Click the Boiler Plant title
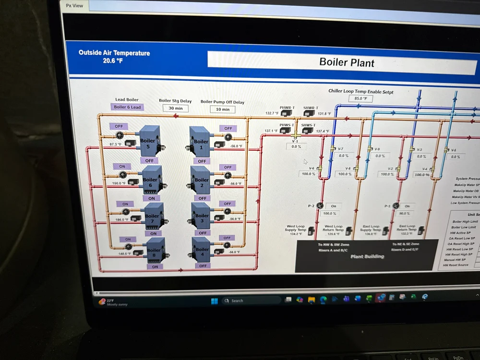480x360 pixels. click(347, 62)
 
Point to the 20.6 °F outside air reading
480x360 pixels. click(113, 61)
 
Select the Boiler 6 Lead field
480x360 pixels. click(127, 107)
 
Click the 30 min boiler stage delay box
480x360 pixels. click(175, 108)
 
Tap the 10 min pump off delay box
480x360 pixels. click(222, 109)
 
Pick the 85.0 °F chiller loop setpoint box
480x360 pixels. click(360, 99)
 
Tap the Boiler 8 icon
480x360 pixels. click(155, 250)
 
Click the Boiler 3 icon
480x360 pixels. click(202, 216)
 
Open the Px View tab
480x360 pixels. click(74, 6)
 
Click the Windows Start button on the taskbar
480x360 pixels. click(214, 301)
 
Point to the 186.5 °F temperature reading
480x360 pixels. click(122, 219)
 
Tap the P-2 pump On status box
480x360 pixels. click(333, 206)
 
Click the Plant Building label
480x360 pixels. click(367, 256)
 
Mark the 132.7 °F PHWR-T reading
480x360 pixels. click(272, 113)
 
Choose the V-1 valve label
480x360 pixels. click(295, 142)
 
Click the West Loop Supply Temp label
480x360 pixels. click(296, 228)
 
